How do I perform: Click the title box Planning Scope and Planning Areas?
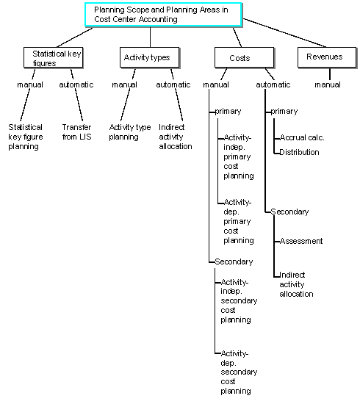click(x=161, y=15)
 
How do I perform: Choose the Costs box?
click(x=242, y=57)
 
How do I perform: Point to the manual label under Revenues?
click(x=328, y=84)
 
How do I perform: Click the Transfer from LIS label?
click(x=76, y=131)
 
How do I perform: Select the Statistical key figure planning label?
click(x=25, y=137)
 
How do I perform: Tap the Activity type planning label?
click(x=130, y=131)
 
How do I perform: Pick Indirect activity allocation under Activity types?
click(x=175, y=137)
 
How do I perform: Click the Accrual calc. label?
click(x=302, y=137)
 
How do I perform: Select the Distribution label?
click(x=300, y=152)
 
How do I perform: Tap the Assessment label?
click(x=301, y=241)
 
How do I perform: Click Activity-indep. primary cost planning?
click(x=238, y=156)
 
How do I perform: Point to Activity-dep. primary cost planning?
click(x=238, y=221)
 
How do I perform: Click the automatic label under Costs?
click(x=273, y=84)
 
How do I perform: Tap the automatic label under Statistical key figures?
click(x=76, y=84)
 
